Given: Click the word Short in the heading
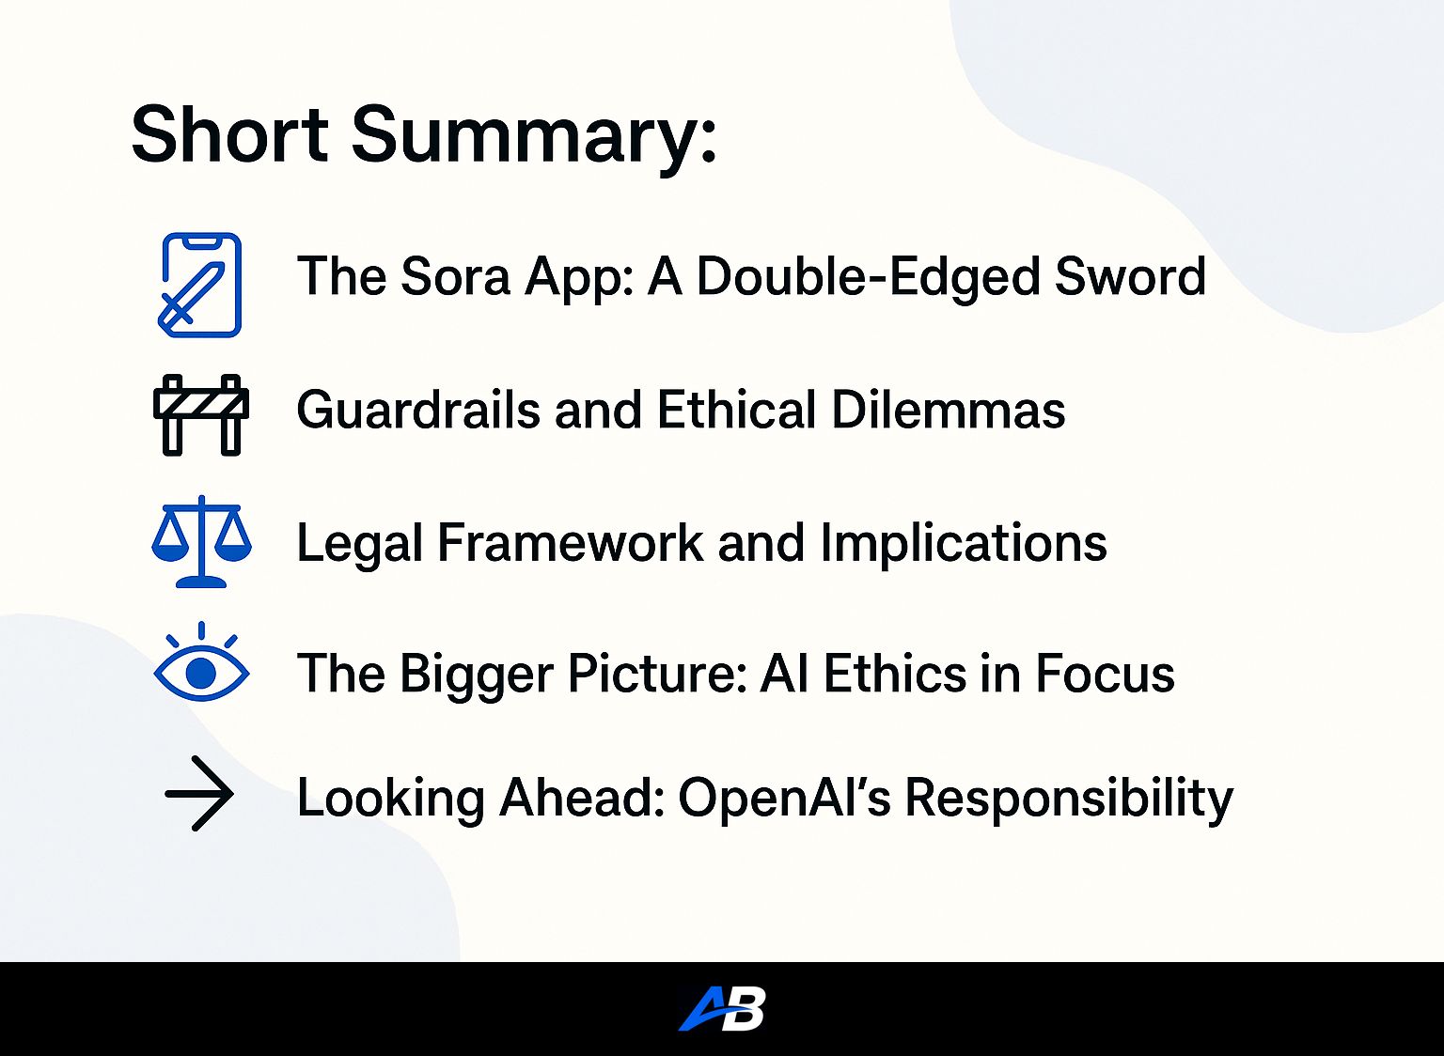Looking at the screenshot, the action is pyautogui.click(x=230, y=135).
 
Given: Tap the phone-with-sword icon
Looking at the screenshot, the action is pyautogui.click(x=200, y=285).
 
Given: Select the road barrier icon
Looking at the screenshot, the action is pyautogui.click(x=201, y=415).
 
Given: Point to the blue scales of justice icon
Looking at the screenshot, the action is pyautogui.click(x=202, y=541).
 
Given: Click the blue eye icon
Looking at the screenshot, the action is pyautogui.click(x=202, y=661).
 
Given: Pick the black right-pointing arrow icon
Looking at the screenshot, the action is pyautogui.click(x=199, y=794).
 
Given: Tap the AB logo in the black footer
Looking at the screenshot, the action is pyautogui.click(x=722, y=1008).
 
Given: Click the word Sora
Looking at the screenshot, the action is pyautogui.click(x=455, y=276).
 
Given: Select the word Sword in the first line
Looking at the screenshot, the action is pyautogui.click(x=1130, y=276).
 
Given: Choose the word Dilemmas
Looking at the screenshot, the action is pyautogui.click(x=949, y=409).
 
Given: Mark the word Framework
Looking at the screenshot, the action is pyautogui.click(x=570, y=542).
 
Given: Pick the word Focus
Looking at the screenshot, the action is pyautogui.click(x=1105, y=673).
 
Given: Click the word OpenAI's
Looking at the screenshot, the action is pyautogui.click(x=785, y=799).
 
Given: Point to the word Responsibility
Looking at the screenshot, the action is pyautogui.click(x=1069, y=799).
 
